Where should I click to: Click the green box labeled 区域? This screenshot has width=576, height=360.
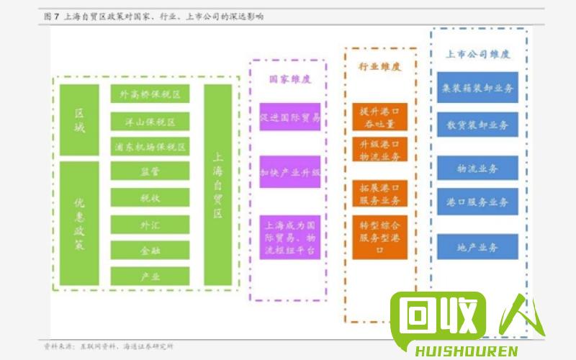[79, 120]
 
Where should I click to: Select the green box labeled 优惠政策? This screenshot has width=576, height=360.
[79, 222]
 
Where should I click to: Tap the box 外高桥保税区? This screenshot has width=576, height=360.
[150, 94]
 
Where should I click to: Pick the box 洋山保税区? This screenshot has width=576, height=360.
[150, 121]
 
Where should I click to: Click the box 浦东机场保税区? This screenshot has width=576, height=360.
[150, 147]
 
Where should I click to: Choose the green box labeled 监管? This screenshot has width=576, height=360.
[150, 171]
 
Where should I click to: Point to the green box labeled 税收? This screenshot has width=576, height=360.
[150, 197]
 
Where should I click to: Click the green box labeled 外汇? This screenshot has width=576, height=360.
[150, 225]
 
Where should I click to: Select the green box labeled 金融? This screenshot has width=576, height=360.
[150, 251]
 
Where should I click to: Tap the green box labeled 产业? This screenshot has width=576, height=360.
[150, 276]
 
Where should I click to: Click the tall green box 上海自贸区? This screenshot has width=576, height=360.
[218, 184]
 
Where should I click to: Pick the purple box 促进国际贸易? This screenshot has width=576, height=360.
[289, 117]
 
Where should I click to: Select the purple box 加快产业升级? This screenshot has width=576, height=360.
[289, 172]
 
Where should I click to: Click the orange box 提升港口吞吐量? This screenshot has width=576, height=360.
[380, 117]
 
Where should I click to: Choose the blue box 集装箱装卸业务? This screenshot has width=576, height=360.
[477, 88]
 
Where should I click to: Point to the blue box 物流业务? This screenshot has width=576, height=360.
[477, 168]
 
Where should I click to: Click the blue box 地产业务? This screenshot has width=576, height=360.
[477, 247]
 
